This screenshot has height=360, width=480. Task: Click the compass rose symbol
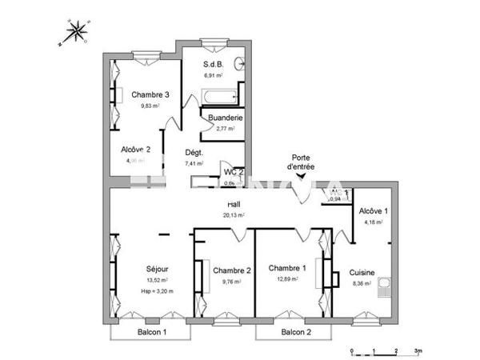pos(78,33)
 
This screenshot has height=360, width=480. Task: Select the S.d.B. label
pos(214,64)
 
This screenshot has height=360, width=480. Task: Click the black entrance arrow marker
pos(301,190)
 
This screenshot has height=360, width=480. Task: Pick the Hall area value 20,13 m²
pos(234,214)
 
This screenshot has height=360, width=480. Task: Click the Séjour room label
pos(157,269)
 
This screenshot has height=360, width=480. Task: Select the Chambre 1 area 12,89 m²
pos(287,279)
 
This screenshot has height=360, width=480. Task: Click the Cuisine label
pos(362,272)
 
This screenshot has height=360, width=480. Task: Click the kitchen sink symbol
pos(386,284)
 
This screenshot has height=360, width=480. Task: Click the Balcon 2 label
pos(295,332)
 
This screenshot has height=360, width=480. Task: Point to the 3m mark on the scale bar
pos(418,351)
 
